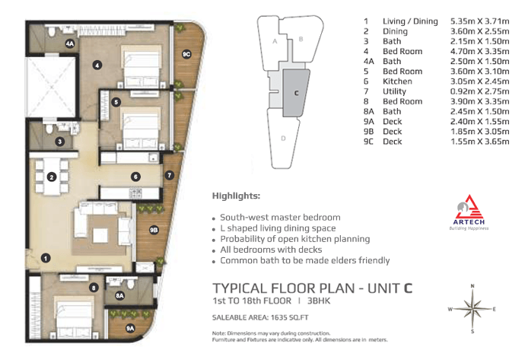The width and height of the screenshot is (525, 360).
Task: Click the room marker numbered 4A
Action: point(70,43)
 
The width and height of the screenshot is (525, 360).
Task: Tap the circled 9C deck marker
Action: point(186,54)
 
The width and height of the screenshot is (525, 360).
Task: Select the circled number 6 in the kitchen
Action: point(135,177)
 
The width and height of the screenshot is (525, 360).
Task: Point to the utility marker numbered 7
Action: point(170,175)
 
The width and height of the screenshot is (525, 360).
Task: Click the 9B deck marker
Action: point(154,230)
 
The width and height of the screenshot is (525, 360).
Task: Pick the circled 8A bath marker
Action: point(119,295)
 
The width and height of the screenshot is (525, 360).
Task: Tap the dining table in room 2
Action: point(52,177)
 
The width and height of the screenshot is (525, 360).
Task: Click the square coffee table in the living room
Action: point(100,235)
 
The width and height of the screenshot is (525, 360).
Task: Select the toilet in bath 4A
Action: point(52,31)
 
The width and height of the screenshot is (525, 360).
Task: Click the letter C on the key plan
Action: point(296,93)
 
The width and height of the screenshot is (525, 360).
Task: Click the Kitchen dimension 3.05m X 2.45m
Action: point(480,81)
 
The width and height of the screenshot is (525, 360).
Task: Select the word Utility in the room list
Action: point(394,91)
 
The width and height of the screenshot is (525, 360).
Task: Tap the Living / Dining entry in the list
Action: point(410,21)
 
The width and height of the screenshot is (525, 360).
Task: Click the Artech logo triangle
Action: point(469,207)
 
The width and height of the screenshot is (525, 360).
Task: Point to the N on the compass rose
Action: point(473,286)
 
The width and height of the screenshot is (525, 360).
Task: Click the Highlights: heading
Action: point(236,196)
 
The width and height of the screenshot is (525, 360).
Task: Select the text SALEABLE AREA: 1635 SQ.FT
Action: point(260,317)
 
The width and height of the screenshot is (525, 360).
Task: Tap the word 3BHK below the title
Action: point(319,301)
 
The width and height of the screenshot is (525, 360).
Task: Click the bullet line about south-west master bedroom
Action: point(280,218)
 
